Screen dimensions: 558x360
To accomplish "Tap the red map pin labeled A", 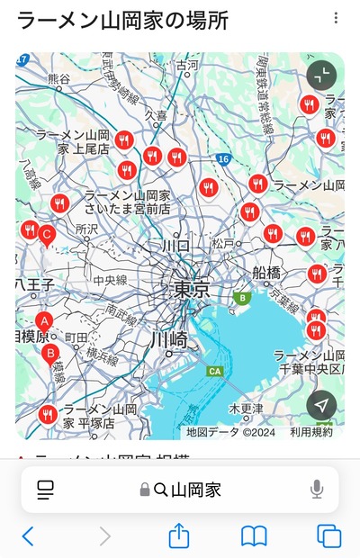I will [43, 321].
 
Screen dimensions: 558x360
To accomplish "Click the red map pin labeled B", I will [51, 353].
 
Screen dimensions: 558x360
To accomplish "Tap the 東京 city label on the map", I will [191, 289].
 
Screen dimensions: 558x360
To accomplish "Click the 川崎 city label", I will [168, 339].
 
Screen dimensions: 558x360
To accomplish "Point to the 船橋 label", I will [266, 272].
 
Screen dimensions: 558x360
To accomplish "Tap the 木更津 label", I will [246, 408].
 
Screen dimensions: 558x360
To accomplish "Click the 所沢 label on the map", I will [86, 229].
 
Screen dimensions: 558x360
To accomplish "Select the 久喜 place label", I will [156, 115].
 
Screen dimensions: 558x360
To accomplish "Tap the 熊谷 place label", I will [58, 79].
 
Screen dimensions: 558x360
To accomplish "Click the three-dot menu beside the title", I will [336, 18].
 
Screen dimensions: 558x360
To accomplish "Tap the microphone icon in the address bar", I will [317, 490].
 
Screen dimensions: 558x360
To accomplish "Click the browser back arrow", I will [28, 536].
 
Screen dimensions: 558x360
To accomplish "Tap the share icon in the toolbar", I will [179, 535].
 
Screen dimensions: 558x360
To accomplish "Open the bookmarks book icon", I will [254, 536].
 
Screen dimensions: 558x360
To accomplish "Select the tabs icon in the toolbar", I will [328, 536].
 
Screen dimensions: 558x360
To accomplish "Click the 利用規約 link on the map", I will [310, 432].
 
